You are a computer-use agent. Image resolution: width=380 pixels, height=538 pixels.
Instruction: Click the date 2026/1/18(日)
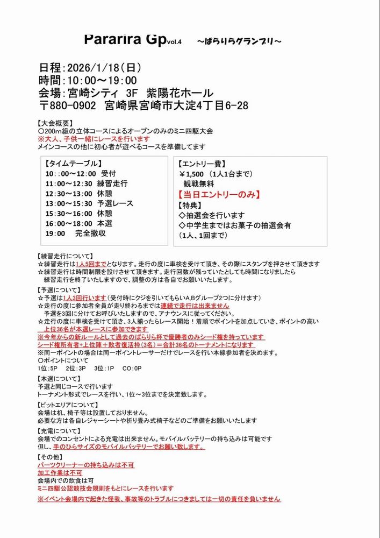coord(103,68)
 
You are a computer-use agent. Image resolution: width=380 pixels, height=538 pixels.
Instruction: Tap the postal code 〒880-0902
coord(69,105)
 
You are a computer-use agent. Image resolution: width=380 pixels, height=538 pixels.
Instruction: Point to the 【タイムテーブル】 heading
coord(74,163)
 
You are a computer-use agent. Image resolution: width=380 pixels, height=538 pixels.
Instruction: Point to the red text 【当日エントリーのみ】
coord(220,194)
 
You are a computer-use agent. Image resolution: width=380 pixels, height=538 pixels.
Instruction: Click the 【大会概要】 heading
coord(56,123)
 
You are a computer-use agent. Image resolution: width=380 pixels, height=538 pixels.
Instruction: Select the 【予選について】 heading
coord(59,289)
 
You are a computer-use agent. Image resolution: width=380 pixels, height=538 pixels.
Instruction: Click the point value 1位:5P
coord(49,369)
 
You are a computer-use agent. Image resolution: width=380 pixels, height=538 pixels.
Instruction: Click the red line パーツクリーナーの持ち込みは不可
coord(86,465)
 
